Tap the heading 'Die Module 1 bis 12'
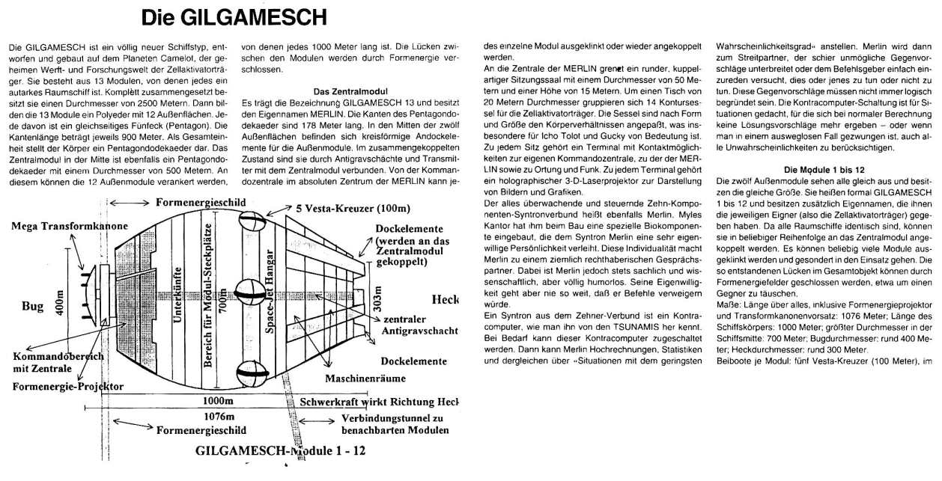click(823, 169)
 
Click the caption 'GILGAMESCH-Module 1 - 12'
click(280, 450)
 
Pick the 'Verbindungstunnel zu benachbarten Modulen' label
click(395, 424)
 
